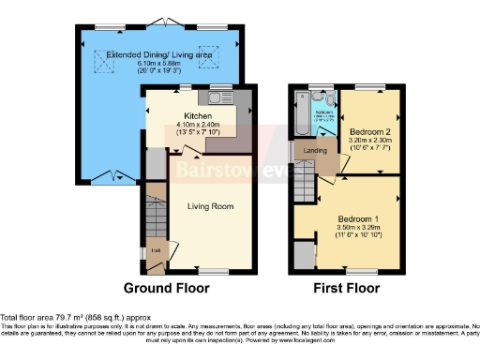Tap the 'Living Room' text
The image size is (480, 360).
tap(210, 206)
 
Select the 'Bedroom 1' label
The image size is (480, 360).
tap(359, 217)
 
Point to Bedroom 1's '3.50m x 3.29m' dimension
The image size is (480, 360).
tap(359, 227)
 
